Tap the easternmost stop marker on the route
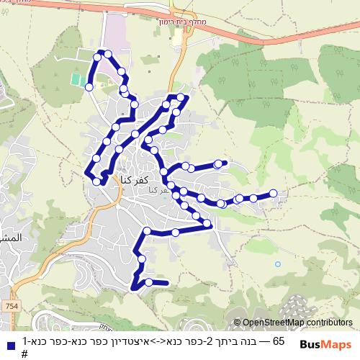click(x=274, y=193)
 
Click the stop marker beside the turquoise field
click(x=89, y=86)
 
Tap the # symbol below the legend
click(x=24, y=354)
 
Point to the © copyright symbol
click(x=237, y=323)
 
